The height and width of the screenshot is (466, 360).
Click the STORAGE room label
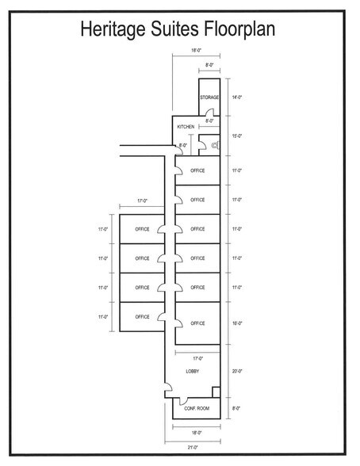(x=209, y=97)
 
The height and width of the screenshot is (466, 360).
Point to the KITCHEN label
(x=186, y=127)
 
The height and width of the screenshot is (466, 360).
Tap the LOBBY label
(x=192, y=371)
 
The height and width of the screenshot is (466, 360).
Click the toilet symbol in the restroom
(x=214, y=144)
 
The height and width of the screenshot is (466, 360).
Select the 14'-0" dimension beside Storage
(x=236, y=97)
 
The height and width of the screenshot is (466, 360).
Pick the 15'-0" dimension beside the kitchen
(x=236, y=136)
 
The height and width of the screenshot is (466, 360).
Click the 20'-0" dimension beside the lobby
(x=236, y=371)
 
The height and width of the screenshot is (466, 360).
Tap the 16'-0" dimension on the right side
(x=236, y=323)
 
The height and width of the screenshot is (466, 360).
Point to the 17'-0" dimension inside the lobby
(x=195, y=359)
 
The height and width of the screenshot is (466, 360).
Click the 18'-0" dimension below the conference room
(x=195, y=433)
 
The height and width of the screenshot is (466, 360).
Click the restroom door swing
(x=201, y=145)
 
